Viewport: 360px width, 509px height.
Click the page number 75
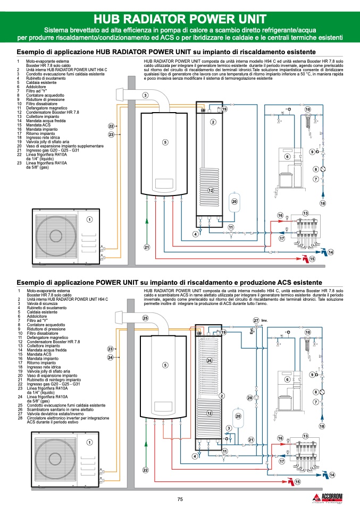[180, 499]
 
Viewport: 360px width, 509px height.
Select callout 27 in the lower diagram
[256, 320]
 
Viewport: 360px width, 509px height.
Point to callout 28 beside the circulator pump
[250, 398]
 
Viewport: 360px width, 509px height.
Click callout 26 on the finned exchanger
[209, 361]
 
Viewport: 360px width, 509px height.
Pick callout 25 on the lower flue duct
[145, 318]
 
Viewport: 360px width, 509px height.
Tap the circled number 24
[111, 358]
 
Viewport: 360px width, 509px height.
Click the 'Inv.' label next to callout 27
[264, 321]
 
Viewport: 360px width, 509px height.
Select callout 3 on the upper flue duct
[145, 95]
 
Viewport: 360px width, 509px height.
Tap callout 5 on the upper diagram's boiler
[165, 142]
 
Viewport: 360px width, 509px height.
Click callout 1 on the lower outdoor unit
[89, 442]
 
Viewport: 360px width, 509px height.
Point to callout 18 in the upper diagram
[322, 203]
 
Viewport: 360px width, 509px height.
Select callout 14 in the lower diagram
[332, 474]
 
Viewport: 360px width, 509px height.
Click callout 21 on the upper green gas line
[147, 247]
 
